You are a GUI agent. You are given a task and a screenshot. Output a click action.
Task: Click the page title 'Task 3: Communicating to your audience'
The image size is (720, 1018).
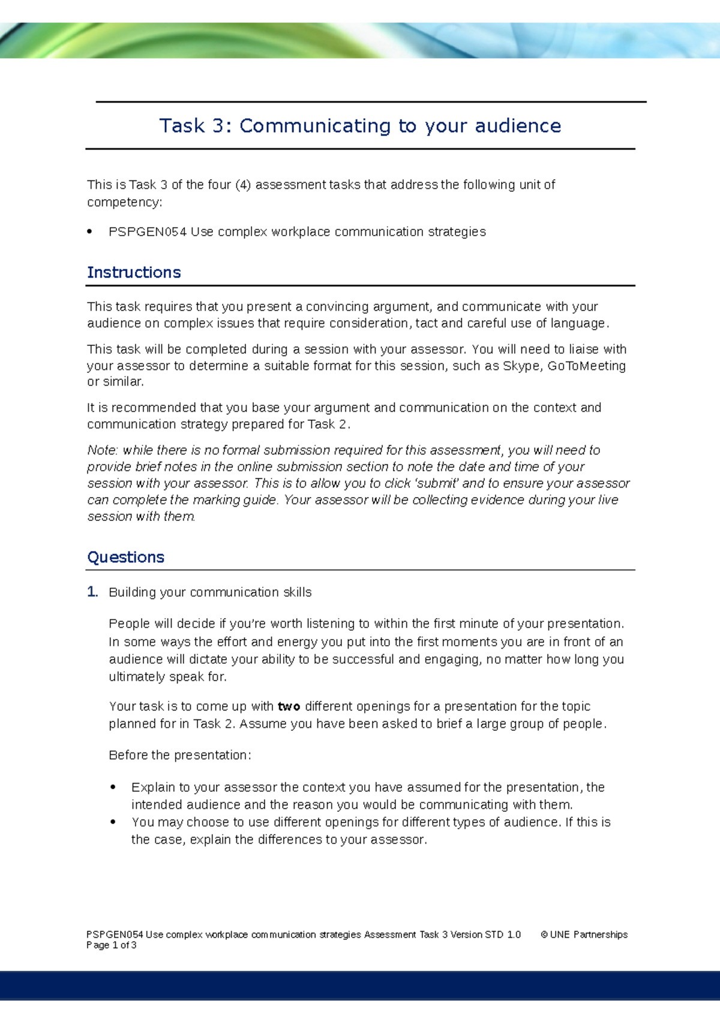(360, 126)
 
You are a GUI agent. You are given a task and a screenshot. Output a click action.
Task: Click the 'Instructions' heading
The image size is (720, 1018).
(134, 273)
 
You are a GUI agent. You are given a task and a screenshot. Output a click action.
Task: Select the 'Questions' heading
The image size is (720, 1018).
(126, 558)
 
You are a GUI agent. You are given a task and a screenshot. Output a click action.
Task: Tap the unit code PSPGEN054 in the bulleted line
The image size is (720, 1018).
(148, 232)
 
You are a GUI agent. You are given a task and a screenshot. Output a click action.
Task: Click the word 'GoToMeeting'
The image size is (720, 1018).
(586, 366)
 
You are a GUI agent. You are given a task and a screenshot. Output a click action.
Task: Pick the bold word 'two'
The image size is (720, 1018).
(289, 707)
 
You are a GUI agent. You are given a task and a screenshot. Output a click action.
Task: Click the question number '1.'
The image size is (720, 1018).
(92, 592)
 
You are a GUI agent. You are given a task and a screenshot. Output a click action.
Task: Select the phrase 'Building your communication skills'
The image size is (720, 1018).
(210, 592)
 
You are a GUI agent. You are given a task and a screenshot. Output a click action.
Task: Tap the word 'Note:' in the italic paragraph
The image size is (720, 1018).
(103, 450)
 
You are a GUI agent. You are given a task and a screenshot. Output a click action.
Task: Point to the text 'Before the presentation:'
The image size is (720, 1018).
(179, 755)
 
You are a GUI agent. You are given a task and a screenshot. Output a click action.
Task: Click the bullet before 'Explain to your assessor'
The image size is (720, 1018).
(113, 787)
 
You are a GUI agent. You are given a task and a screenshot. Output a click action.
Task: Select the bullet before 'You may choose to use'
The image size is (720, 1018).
(113, 822)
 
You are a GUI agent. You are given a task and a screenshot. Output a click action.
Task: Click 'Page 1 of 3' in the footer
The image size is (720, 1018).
(112, 945)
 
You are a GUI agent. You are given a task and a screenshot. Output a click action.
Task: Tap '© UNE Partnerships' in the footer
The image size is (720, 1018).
(584, 935)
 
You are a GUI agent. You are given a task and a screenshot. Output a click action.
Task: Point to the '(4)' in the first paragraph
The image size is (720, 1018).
(242, 185)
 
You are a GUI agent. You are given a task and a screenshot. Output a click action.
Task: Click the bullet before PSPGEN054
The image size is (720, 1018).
(90, 232)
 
